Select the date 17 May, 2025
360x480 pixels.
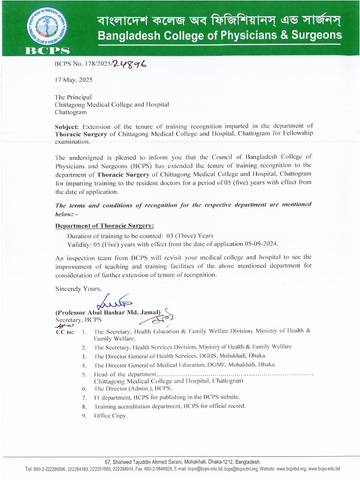74,80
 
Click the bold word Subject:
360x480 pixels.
68,126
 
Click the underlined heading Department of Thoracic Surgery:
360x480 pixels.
105,225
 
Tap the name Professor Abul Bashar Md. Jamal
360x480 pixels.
108,312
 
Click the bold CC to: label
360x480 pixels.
64,332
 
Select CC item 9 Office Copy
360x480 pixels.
110,416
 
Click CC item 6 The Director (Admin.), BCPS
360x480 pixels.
133,389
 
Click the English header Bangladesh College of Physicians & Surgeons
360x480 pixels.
219,36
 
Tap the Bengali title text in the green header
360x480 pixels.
219,20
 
